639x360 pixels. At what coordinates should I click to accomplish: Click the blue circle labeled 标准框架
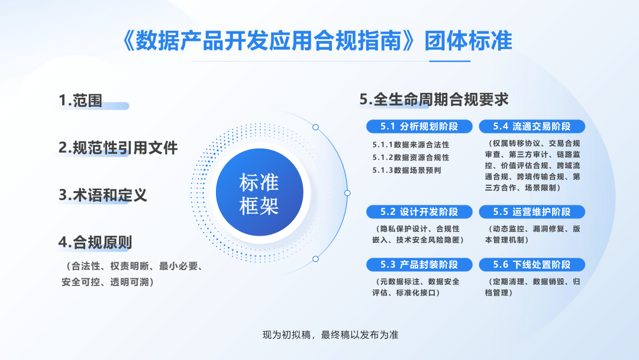(x=260, y=192)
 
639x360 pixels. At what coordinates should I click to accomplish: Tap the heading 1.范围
(x=80, y=100)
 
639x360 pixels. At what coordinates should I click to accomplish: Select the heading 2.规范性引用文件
(x=118, y=147)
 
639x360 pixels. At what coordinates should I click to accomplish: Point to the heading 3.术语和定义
(x=103, y=195)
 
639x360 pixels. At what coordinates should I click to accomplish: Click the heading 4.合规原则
(x=95, y=242)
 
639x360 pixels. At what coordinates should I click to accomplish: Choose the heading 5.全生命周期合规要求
(x=434, y=99)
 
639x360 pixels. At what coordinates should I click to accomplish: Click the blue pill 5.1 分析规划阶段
(x=419, y=126)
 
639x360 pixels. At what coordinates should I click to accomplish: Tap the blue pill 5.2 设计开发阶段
(x=419, y=211)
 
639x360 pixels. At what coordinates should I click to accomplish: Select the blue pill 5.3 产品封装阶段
(x=419, y=265)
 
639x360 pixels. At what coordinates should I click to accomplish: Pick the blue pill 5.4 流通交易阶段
(x=532, y=126)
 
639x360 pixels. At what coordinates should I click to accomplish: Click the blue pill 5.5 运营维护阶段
(x=532, y=211)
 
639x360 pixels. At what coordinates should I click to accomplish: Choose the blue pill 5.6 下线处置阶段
(x=532, y=265)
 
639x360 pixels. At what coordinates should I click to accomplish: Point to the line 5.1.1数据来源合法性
(x=411, y=144)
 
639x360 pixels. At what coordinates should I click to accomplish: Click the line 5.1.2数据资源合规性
(x=411, y=157)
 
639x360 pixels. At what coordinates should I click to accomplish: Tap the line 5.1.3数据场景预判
(x=406, y=171)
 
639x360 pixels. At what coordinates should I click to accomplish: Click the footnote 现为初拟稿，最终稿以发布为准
(x=331, y=335)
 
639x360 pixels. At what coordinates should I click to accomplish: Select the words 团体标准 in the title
(x=468, y=41)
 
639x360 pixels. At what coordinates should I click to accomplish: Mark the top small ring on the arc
(x=315, y=127)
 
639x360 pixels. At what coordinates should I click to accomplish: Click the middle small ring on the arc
(x=347, y=193)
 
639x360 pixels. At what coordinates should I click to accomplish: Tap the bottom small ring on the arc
(x=315, y=259)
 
